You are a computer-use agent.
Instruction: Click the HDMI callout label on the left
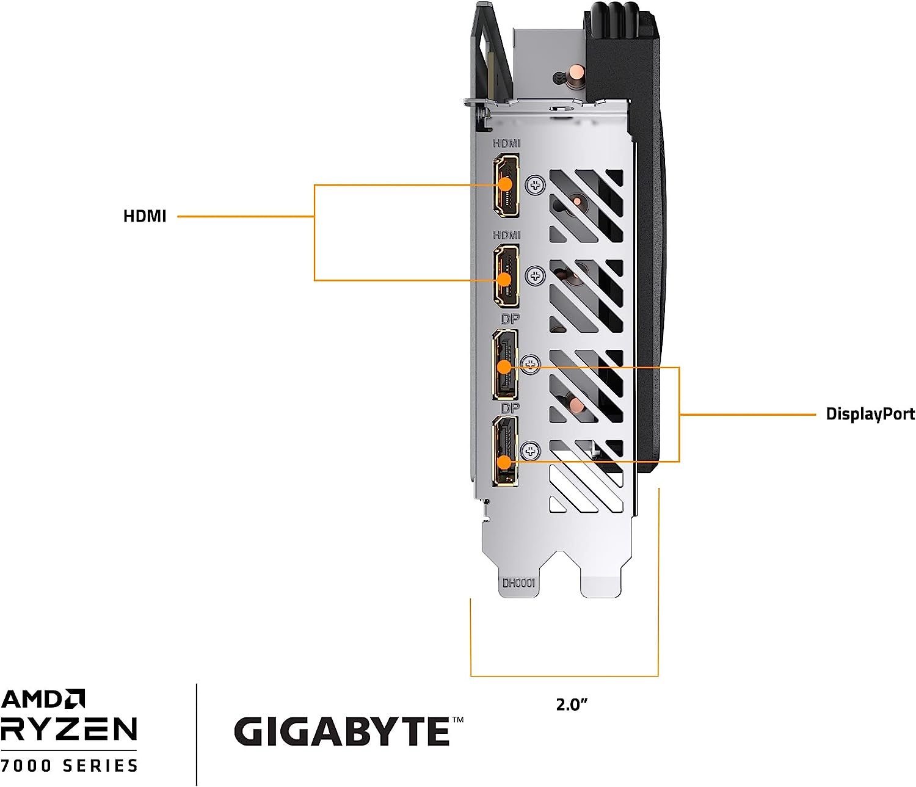point(145,216)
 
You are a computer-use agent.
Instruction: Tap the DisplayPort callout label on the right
point(870,414)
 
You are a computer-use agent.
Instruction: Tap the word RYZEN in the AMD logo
point(68,729)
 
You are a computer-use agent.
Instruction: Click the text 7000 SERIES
point(68,765)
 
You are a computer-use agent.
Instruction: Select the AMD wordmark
point(43,699)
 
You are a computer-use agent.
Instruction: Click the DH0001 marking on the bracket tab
point(518,583)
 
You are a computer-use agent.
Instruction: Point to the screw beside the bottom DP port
point(531,452)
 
